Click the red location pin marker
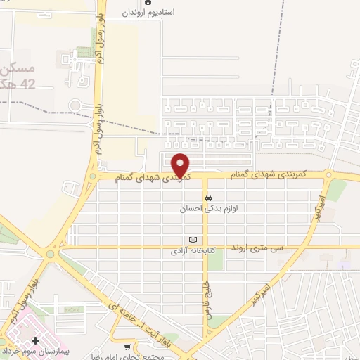point(181,165)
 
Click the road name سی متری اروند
point(281,248)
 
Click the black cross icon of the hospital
point(35,340)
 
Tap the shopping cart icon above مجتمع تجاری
point(127,346)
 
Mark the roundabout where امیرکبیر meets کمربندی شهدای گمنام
point(328,176)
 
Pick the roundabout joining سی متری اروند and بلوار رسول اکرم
point(51,254)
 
